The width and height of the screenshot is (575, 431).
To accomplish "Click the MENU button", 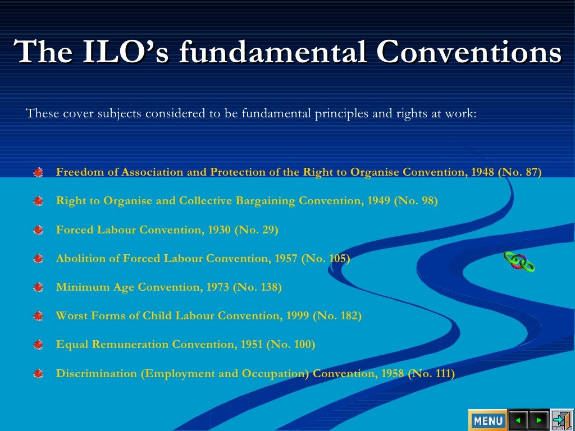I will pos(487,420).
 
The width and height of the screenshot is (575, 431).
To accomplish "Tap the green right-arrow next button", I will pos(539,420).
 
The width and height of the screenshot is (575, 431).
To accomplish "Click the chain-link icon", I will pos(519,261).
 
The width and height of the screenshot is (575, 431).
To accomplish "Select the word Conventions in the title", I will pos(469,52).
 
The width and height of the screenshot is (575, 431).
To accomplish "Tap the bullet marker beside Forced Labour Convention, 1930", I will pos(38,230).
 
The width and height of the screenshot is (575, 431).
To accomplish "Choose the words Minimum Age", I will pos(95,287).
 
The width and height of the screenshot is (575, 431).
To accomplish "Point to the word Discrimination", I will pos(97,373).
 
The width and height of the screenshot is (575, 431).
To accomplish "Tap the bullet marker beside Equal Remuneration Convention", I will pos(38,345).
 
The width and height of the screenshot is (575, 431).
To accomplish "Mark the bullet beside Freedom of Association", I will pos(38,173).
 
